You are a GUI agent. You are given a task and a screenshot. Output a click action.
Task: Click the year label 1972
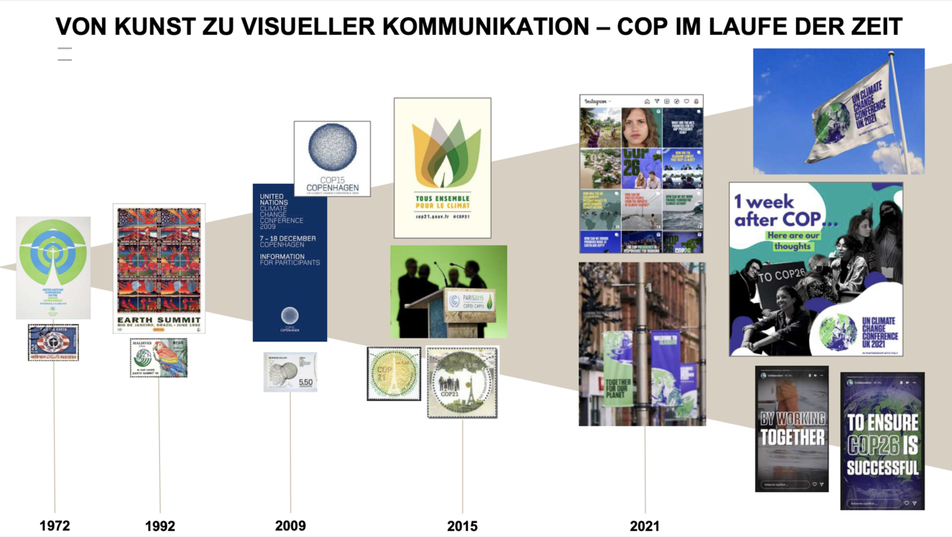click(x=54, y=526)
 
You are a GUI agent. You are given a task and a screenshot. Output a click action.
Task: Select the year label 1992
click(x=160, y=526)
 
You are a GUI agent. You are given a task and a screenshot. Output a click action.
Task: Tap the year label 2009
click(x=290, y=526)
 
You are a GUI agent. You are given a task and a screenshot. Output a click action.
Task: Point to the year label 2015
click(x=463, y=526)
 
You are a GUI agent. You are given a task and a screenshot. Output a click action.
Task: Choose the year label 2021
click(x=645, y=526)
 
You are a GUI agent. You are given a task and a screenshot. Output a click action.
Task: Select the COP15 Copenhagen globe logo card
click(x=332, y=158)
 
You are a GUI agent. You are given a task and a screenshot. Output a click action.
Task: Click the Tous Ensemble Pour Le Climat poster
click(x=443, y=167)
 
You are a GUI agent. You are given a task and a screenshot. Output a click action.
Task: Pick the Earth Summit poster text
click(x=159, y=321)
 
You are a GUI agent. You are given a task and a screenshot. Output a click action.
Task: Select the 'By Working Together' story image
click(x=791, y=428)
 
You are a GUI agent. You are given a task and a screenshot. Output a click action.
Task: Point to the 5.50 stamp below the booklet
click(x=290, y=372)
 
